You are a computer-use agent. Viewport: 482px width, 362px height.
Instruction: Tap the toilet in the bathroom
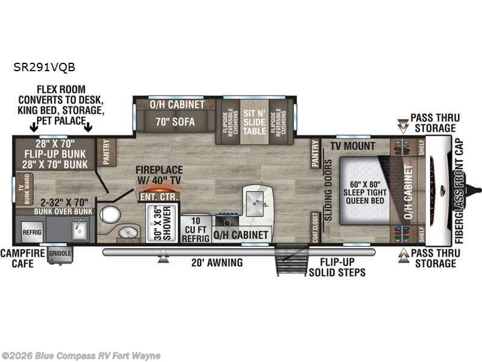click(x=110, y=214)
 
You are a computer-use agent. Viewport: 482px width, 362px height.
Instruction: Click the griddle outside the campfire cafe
click(x=60, y=254)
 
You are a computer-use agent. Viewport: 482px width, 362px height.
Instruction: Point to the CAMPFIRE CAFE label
click(x=22, y=258)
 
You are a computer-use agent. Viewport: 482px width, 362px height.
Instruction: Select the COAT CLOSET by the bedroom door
click(x=316, y=227)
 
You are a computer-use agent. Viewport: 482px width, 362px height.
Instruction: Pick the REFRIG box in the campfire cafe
click(x=31, y=231)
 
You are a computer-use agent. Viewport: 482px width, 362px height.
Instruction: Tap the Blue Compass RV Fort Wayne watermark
click(x=81, y=355)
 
